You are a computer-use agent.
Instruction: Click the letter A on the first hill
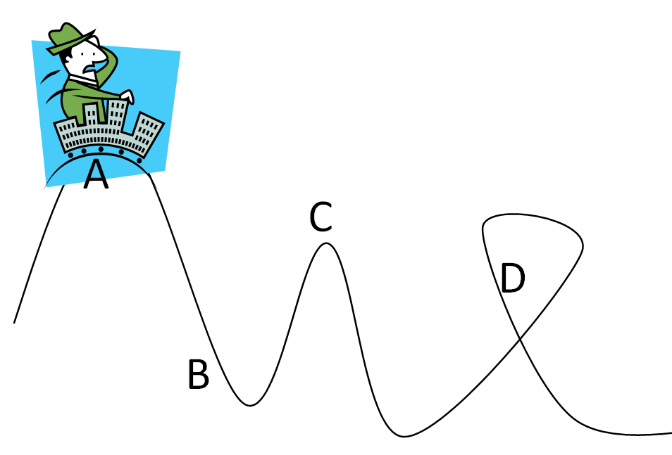click(96, 175)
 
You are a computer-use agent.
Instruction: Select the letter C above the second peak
click(321, 217)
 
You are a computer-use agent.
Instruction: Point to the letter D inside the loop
click(512, 278)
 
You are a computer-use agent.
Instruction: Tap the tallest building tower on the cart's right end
click(149, 131)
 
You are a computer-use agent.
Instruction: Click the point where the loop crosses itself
click(520, 340)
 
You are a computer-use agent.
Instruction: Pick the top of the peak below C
click(325, 243)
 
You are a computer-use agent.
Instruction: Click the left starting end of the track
click(14, 323)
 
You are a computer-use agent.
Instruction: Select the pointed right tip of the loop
click(583, 245)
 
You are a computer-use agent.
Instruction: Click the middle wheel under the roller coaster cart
click(101, 149)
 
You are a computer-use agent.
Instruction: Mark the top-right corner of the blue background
click(180, 51)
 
